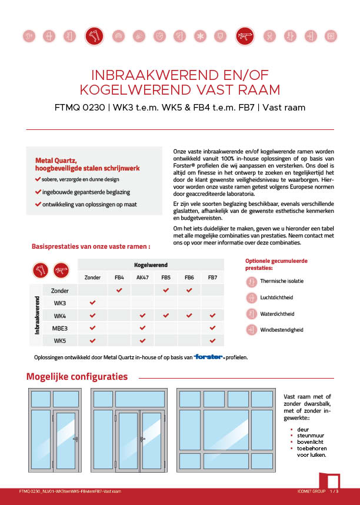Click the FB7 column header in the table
[x=212, y=277]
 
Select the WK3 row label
[x=60, y=303]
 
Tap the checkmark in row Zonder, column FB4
[x=119, y=290]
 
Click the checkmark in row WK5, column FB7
[x=212, y=340]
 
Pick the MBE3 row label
[x=60, y=328]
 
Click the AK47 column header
[x=142, y=277]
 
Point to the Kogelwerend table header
[x=150, y=265]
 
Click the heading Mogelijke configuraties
[x=77, y=376]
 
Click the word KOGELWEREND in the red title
[x=123, y=90]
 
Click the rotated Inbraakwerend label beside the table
[x=37, y=315]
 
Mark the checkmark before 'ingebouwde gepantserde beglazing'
[x=38, y=192]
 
